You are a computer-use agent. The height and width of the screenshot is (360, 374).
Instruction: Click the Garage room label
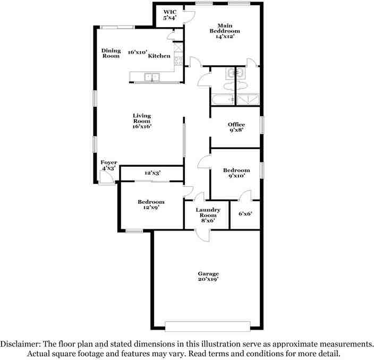point(209,276)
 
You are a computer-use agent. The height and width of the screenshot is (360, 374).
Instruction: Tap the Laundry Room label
point(207,215)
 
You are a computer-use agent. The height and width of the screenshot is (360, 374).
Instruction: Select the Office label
point(236,128)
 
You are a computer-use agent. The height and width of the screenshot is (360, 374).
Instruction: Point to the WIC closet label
point(169,14)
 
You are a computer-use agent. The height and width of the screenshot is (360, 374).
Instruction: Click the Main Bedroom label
point(225,30)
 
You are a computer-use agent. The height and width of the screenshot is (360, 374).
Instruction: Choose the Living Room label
point(142,121)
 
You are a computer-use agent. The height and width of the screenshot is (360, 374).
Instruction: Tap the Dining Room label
point(111,53)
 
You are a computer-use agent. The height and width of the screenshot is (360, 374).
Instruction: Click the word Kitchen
point(159,56)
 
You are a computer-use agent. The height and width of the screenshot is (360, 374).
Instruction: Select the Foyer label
point(109,165)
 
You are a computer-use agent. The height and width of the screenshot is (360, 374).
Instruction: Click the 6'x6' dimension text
point(245,214)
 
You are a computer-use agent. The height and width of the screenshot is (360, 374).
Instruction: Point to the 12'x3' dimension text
point(152,173)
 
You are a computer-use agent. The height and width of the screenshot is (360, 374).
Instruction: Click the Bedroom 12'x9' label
point(151,205)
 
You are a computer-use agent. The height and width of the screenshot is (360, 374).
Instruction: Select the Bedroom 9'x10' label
point(236,173)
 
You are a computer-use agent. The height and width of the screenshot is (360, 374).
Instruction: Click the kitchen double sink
point(152,77)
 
